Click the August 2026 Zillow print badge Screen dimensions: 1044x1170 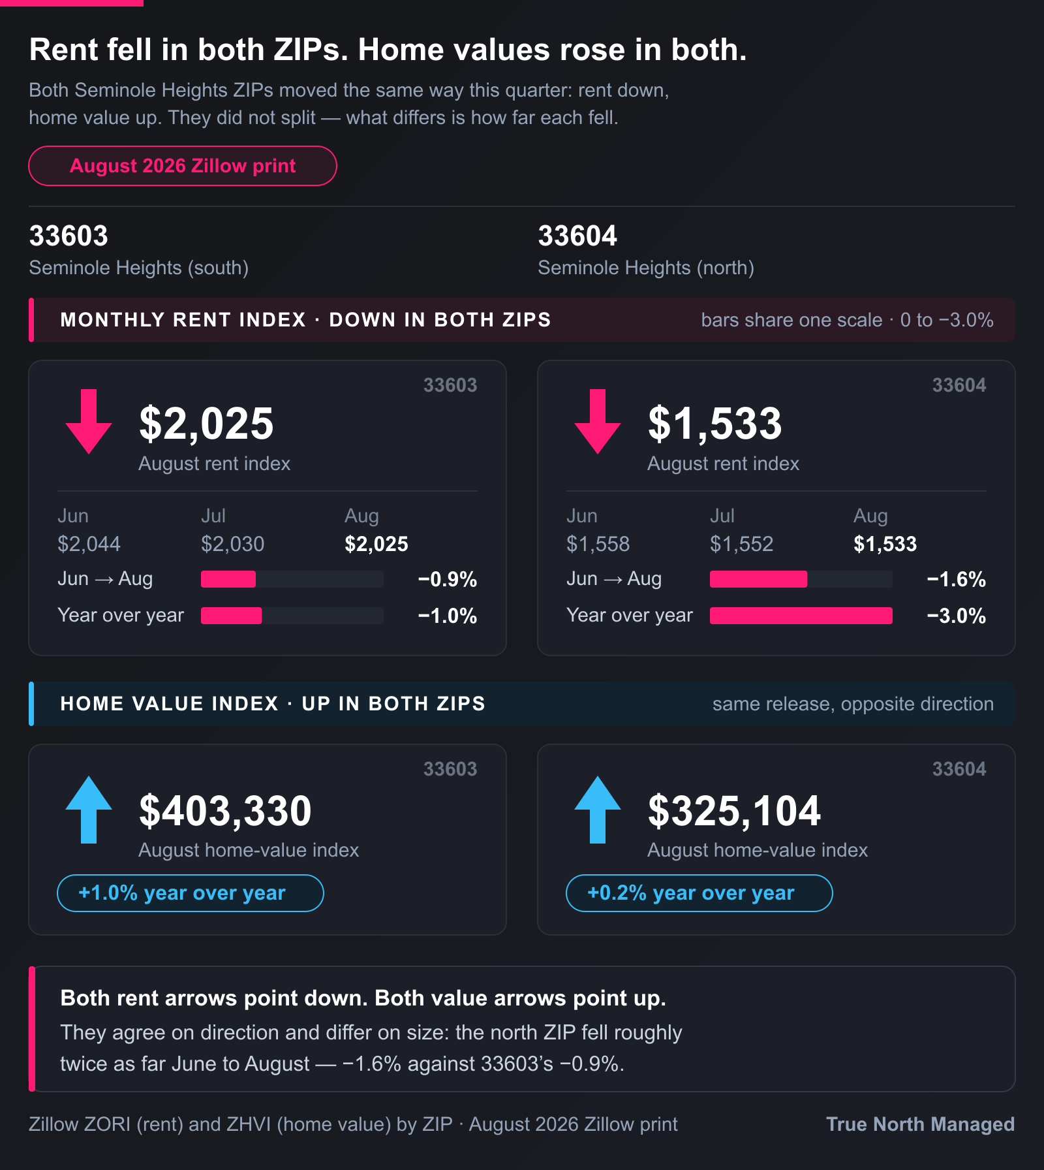183,166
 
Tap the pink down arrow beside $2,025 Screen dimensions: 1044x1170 89,421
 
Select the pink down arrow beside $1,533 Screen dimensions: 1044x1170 598,421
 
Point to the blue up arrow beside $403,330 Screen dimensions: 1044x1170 89,810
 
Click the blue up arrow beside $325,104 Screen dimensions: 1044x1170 598,810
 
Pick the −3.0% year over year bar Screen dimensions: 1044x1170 801,616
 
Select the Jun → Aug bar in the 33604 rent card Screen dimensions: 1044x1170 758,579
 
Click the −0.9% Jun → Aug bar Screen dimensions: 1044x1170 228,579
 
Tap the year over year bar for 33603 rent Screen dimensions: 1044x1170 232,616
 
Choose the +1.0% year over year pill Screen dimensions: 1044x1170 191,893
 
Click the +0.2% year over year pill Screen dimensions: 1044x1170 699,893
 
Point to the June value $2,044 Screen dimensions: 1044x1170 89,544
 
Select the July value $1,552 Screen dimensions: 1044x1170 742,544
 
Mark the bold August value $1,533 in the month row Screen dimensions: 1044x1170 885,544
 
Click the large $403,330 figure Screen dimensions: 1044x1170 226,811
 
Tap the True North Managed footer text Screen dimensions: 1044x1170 920,1124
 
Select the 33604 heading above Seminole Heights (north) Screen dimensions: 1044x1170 577,236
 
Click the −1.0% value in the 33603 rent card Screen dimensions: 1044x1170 448,616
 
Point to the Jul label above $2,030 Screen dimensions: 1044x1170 213,516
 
